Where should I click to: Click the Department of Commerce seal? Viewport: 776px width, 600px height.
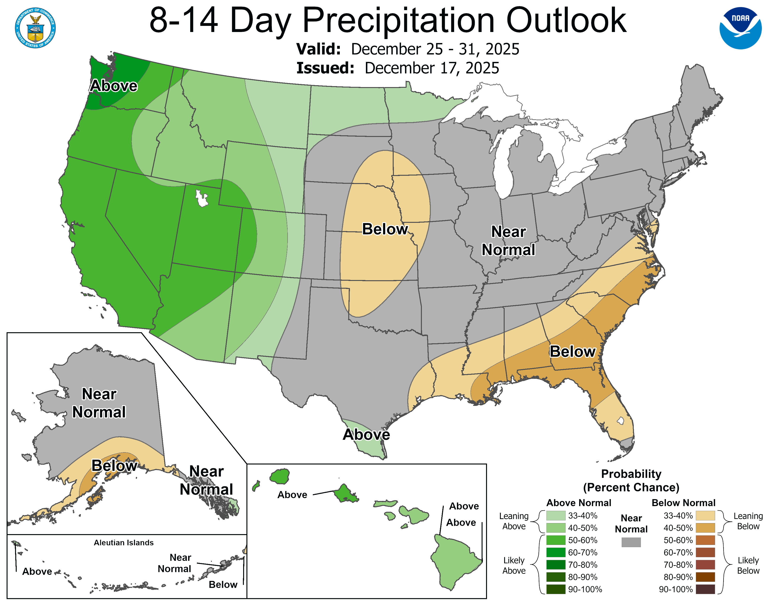[35, 28]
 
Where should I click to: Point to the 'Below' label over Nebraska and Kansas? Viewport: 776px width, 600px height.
[385, 229]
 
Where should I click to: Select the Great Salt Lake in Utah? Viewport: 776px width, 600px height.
[202, 198]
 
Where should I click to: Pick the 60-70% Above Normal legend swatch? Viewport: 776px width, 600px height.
[555, 552]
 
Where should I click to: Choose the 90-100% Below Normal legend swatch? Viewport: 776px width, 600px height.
[705, 589]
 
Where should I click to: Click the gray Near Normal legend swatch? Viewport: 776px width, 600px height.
[631, 542]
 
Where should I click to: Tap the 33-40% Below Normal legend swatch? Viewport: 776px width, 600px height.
[705, 515]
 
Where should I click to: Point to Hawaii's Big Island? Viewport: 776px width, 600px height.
[455, 562]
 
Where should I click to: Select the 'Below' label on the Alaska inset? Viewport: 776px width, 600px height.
[114, 466]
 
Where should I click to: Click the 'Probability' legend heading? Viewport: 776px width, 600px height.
[631, 474]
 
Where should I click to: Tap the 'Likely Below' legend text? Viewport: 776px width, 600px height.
[748, 565]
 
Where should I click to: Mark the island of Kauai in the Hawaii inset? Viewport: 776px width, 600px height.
[280, 476]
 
